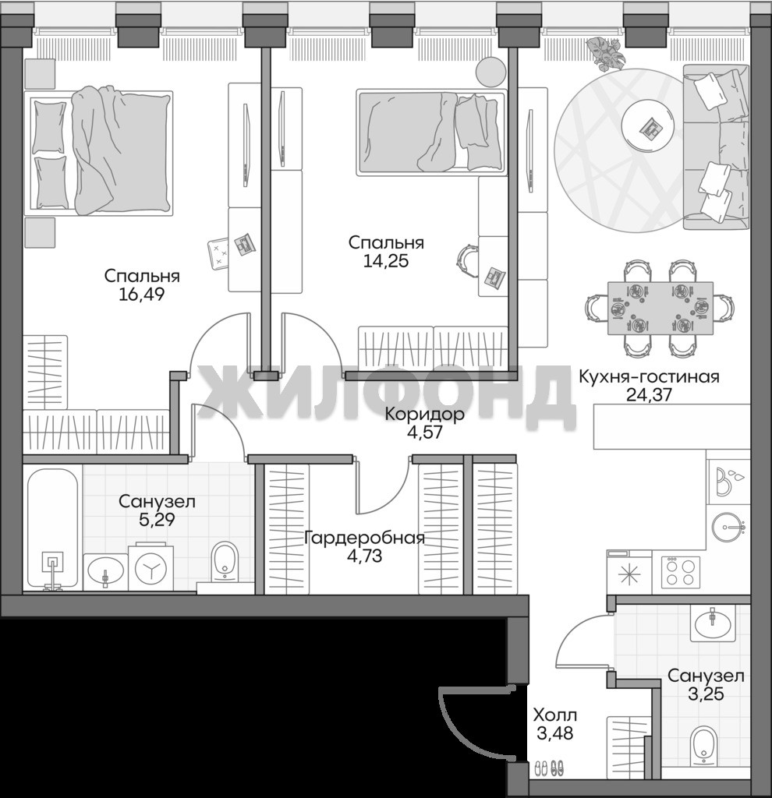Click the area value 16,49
pos(142,294)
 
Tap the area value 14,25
pos(386,260)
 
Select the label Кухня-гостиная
pos(649,377)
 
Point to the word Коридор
pos(425,415)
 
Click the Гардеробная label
pos(364,538)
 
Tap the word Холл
pos(555,715)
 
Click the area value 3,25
pos(706,694)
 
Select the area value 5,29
pos(157,520)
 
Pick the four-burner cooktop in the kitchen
pos(681,571)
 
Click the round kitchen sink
pos(728,528)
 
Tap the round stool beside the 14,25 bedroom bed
pos(490,71)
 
